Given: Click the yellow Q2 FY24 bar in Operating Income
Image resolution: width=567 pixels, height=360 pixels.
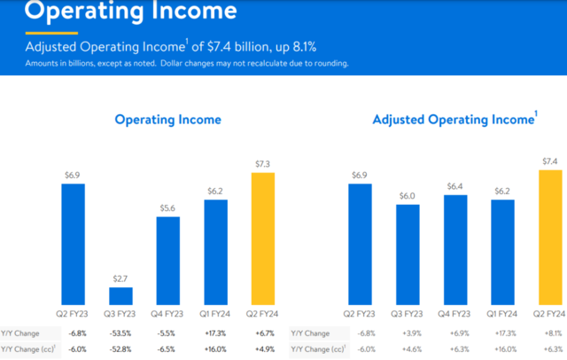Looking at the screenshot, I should [x=262, y=238].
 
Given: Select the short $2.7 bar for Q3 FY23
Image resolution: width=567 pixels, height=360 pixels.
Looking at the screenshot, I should [x=120, y=295].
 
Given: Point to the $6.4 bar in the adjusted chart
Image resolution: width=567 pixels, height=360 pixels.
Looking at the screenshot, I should [x=454, y=249].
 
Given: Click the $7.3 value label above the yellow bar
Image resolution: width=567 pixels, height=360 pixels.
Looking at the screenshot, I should [x=262, y=164].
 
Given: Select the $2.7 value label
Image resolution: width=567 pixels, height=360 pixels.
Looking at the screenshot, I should [x=120, y=279].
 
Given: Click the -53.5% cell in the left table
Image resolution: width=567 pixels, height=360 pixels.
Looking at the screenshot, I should [x=120, y=333].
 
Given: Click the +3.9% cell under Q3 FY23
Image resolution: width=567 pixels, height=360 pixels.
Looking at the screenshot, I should [x=408, y=333].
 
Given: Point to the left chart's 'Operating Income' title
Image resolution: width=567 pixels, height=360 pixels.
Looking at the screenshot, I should [x=167, y=120].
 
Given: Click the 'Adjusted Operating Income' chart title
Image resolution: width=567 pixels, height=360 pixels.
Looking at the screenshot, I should [x=453, y=120].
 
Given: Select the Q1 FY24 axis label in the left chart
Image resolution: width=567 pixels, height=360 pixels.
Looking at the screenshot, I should [x=215, y=315].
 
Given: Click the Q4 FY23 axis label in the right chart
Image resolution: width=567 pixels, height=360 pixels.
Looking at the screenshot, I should [x=454, y=315].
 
